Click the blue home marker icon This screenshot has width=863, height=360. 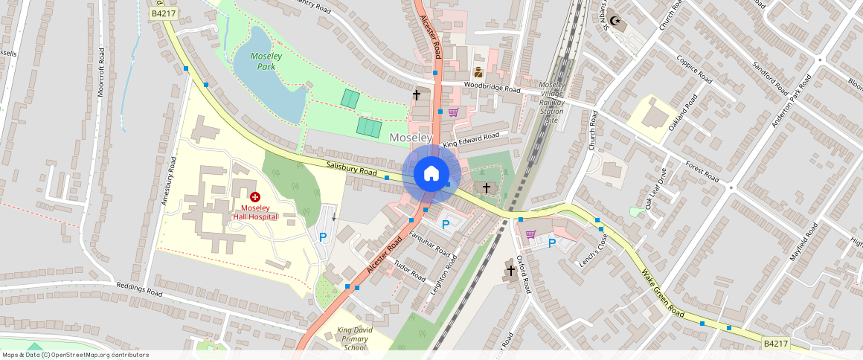431,173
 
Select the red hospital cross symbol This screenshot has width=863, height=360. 255,197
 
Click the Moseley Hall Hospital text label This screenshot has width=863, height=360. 255,212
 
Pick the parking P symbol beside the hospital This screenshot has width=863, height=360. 323,237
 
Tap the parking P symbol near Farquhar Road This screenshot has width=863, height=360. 446,224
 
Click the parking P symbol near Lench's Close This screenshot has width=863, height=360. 552,243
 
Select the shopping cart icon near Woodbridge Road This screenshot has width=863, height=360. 452,112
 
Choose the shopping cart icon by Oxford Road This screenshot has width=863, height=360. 530,234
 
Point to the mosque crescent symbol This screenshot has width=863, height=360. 614,21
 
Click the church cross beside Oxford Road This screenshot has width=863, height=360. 511,271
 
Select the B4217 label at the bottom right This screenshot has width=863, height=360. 774,343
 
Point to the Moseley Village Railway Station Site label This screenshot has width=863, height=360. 552,102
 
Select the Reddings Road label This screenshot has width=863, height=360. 138,289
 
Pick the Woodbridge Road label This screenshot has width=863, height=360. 492,88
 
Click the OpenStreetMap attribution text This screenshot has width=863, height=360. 75,355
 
